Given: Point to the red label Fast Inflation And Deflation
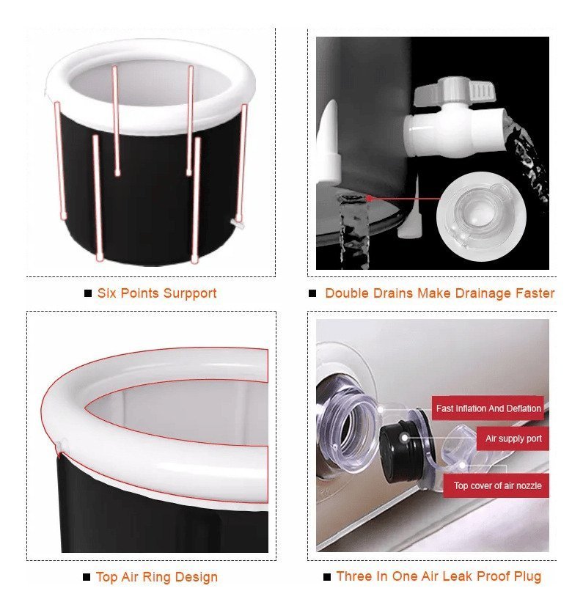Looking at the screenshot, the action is [x=488, y=408].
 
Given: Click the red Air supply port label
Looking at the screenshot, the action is [x=513, y=438].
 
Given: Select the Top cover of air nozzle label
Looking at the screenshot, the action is [x=496, y=485].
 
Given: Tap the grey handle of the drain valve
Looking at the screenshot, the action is [x=455, y=91].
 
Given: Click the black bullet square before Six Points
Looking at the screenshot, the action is [x=88, y=293].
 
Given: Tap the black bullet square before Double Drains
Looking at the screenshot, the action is [x=312, y=293].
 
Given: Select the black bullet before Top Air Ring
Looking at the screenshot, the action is [x=87, y=577].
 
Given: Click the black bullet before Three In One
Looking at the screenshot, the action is [x=327, y=577].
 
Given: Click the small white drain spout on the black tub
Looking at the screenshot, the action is [x=237, y=224].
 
